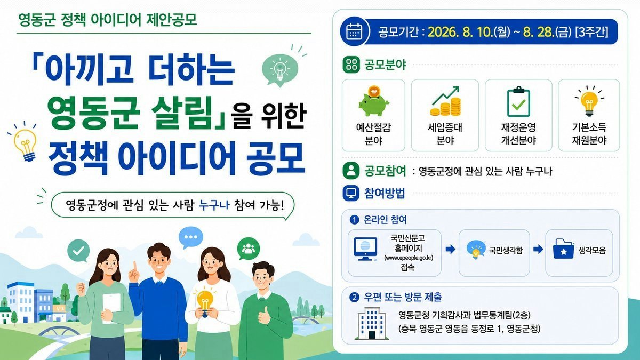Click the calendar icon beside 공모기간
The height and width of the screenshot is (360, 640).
click(x=354, y=31)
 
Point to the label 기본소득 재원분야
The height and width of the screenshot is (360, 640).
click(x=589, y=134)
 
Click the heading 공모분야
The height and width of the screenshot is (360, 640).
click(x=385, y=65)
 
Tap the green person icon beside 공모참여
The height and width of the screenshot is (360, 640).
click(x=351, y=171)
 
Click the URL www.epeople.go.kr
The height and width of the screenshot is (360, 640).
click(x=409, y=258)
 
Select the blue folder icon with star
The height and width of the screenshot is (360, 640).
click(x=563, y=249)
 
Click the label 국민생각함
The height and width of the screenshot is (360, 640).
click(x=506, y=250)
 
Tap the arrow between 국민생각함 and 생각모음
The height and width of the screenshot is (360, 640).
click(x=538, y=250)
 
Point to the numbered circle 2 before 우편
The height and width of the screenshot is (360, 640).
click(x=354, y=298)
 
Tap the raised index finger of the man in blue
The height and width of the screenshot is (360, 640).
click(x=135, y=267)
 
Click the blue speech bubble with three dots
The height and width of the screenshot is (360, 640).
click(x=191, y=237)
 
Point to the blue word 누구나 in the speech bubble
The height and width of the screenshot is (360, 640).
click(x=214, y=205)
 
